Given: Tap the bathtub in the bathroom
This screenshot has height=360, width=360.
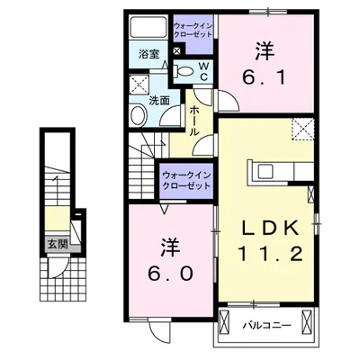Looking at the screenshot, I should tap(148, 28).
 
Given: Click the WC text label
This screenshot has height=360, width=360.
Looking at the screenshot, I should tap(202, 71).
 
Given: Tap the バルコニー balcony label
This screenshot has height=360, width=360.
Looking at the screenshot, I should tap(265, 323).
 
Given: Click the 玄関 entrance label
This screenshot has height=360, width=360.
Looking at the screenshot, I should tap(57, 244).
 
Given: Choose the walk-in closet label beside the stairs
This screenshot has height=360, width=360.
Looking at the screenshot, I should tap(187, 179).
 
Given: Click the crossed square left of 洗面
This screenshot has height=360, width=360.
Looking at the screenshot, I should tap(138, 85).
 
